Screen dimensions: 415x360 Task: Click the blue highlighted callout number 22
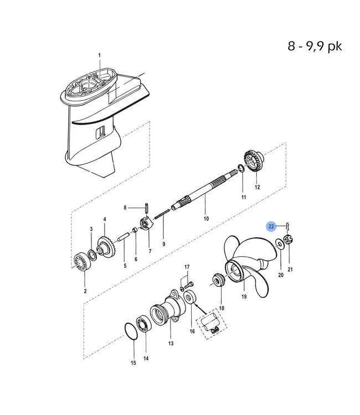271,226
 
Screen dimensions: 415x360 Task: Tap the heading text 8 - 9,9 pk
315,45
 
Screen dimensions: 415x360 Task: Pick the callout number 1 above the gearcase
100,55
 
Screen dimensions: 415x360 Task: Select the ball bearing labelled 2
84,262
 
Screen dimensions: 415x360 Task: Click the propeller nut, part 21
289,241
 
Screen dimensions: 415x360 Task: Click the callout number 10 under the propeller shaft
206,219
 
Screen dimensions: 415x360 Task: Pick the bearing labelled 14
145,325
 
